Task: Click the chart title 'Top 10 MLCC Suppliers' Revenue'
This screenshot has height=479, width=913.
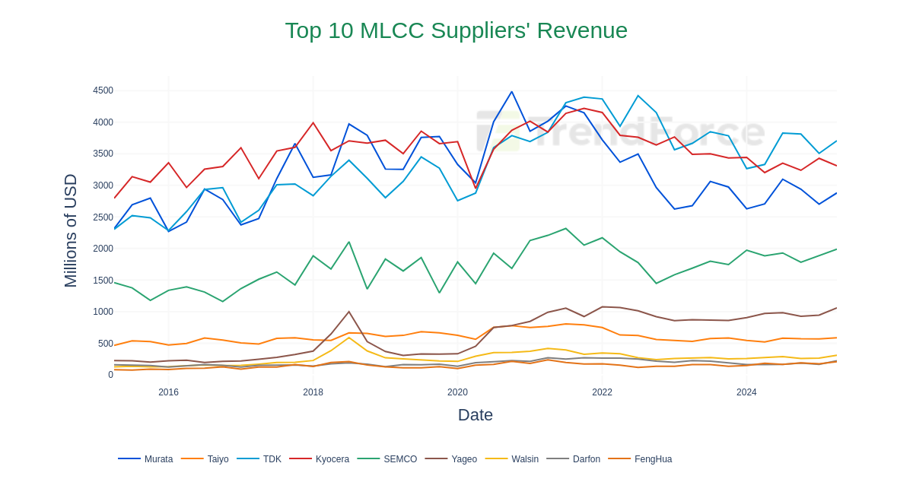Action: point(456,30)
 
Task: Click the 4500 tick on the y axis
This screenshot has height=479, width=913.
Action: point(103,90)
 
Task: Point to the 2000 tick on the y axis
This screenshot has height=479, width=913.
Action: point(103,249)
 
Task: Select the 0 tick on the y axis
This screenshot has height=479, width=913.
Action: point(110,375)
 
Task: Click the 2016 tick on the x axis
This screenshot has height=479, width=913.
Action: point(168,392)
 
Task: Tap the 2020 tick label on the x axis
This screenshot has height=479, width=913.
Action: point(457,392)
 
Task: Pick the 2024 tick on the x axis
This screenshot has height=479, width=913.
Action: point(746,392)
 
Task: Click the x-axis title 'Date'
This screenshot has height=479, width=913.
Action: point(475,415)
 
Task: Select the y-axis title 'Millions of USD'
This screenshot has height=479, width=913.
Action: point(71,230)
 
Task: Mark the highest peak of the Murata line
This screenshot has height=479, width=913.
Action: point(512,92)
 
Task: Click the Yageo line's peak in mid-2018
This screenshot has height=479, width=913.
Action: point(349,312)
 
